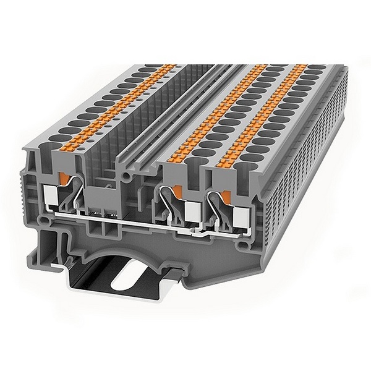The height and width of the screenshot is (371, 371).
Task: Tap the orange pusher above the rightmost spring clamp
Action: click(x=226, y=196)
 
